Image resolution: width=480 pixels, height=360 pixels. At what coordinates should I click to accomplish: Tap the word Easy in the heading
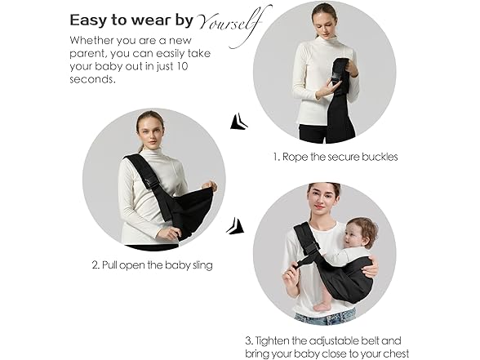89,21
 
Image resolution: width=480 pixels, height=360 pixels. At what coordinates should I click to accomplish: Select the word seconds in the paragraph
93,79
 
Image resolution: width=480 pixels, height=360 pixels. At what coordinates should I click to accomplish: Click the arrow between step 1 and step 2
238,122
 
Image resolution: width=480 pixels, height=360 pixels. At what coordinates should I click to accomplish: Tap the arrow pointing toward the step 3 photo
235,226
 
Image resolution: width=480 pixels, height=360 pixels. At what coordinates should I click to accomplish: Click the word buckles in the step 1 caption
380,157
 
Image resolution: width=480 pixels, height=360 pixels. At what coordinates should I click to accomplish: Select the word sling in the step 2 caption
202,265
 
